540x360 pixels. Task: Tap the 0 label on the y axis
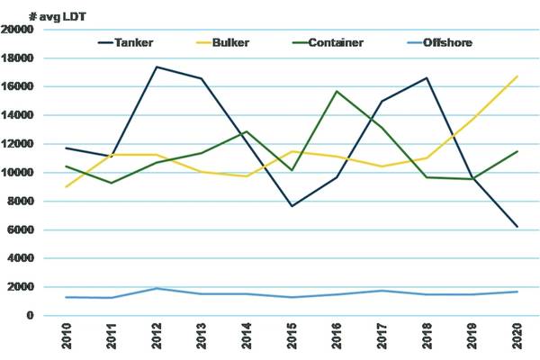(x=31, y=316)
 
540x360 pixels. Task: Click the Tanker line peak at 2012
(x=156, y=67)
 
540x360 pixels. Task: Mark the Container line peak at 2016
(x=337, y=91)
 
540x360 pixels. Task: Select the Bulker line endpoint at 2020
(x=516, y=76)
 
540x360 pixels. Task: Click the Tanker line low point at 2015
(x=291, y=206)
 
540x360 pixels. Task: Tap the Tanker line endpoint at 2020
(x=516, y=227)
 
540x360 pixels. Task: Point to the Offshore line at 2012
(x=156, y=289)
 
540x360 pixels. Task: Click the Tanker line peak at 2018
(x=427, y=78)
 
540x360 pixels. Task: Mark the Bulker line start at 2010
(x=66, y=186)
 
